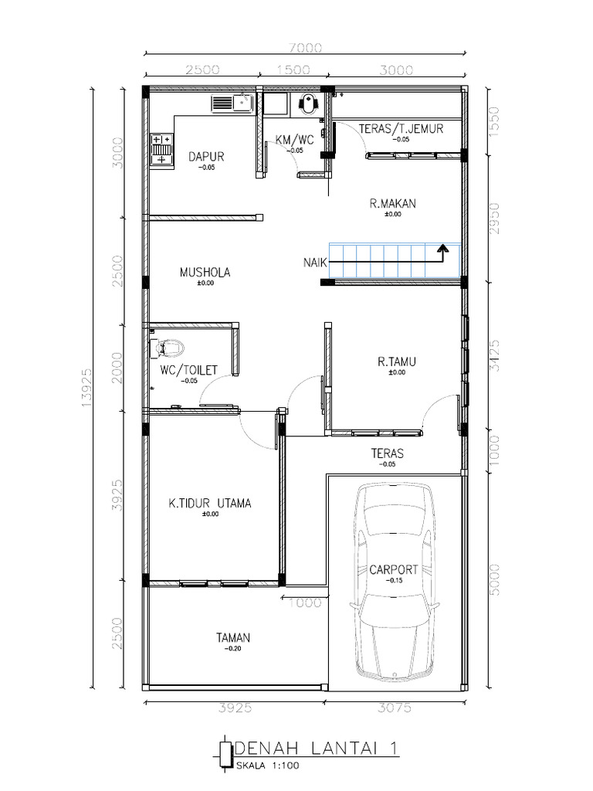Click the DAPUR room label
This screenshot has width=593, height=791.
point(206,156)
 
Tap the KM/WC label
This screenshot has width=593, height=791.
point(294,140)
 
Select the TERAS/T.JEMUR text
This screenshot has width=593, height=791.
point(402,129)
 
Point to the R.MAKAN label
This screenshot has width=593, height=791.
point(392,204)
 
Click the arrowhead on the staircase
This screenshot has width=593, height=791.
point(442,249)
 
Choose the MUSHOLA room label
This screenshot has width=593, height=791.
point(205,272)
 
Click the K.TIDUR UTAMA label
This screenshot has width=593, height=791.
point(210,504)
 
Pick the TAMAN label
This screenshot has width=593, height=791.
point(232,638)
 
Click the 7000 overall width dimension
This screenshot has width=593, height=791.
point(306,48)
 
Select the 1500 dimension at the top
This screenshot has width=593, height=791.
point(293,70)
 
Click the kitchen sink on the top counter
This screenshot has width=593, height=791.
point(232,103)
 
